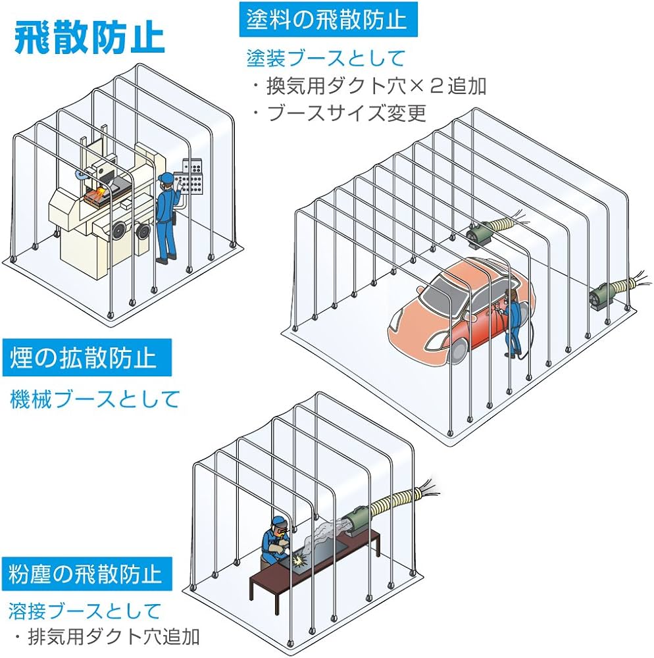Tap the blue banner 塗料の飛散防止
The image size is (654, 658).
(x=323, y=20)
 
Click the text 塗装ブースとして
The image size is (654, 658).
(x=326, y=59)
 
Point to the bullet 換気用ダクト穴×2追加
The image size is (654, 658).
(x=370, y=86)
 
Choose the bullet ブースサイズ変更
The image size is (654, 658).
(x=340, y=113)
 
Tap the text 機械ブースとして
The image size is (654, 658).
(x=95, y=399)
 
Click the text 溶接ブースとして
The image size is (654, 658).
(x=85, y=611)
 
